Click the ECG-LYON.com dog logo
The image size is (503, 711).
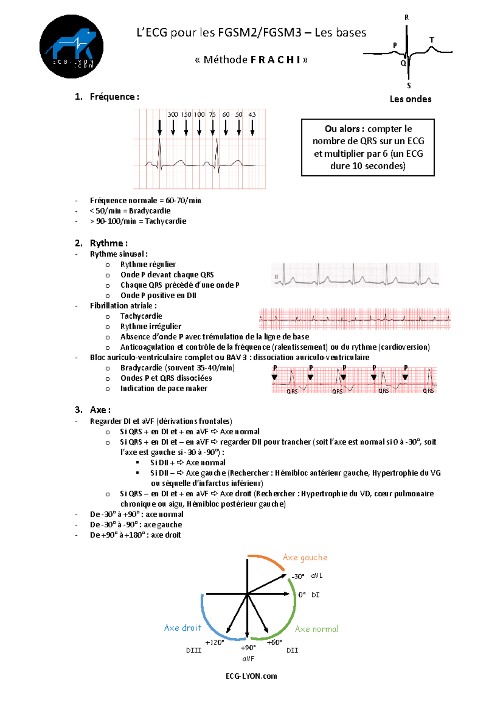coord(71,47)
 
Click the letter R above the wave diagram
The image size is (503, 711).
coord(407,18)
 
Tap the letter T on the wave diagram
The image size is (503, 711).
coord(432,40)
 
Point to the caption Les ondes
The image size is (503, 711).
coord(410,99)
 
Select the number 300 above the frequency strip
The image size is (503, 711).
coord(173,114)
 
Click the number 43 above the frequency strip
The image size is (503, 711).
coord(252,114)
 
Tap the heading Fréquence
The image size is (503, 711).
coord(112,97)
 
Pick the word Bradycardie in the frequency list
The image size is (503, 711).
coord(150,211)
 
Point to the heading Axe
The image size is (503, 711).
coord(99,410)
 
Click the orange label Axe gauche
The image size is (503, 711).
coord(305,557)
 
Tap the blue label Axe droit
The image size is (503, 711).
coord(183,628)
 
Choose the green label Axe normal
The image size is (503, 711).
coord(316,629)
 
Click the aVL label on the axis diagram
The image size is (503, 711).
coord(317,576)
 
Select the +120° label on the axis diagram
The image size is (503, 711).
coord(215,642)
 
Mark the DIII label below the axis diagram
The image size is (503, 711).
coord(194,650)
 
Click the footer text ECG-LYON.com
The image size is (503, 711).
coord(251,676)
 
